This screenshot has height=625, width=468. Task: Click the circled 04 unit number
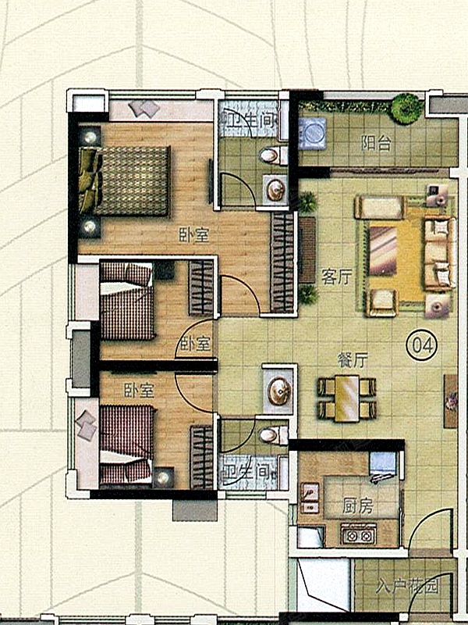(x=421, y=345)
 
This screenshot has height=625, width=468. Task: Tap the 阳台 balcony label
(x=376, y=144)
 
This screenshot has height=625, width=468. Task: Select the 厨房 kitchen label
(x=358, y=506)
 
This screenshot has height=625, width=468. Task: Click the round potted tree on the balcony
(x=406, y=108)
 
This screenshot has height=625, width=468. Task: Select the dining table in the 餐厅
(x=347, y=398)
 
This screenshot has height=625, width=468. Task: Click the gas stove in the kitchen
(x=358, y=534)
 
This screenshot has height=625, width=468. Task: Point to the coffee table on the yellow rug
(x=383, y=251)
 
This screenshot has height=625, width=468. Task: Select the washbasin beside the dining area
(x=279, y=391)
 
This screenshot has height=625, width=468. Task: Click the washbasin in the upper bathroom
(x=275, y=189)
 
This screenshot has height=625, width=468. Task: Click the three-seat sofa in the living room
(x=440, y=254)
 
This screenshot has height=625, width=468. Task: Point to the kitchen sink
(x=310, y=498)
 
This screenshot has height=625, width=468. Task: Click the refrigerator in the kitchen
(x=383, y=464)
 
